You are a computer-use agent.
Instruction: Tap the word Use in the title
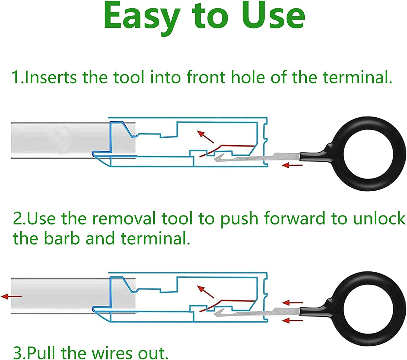pyautogui.click(x=273, y=16)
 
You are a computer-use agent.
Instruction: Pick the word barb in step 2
pyautogui.click(x=62, y=238)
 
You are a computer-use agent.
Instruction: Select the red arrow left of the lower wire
pyautogui.click(x=11, y=296)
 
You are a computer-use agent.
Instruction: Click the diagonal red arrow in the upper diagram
pyautogui.click(x=205, y=137)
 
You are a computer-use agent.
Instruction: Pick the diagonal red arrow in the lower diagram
pyautogui.click(x=205, y=292)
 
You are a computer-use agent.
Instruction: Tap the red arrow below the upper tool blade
pyautogui.click(x=292, y=165)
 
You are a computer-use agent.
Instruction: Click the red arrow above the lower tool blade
pyautogui.click(x=292, y=303)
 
